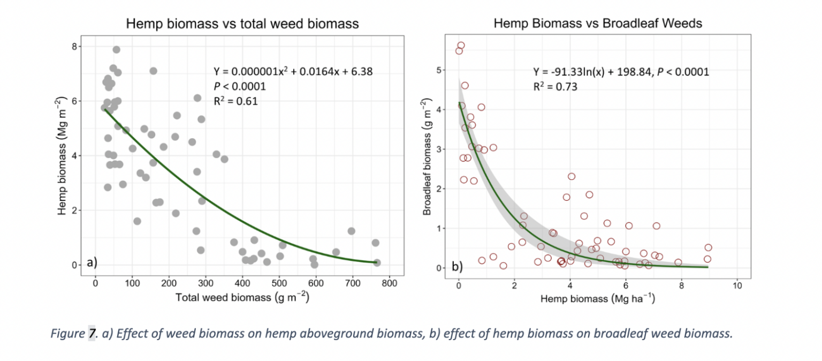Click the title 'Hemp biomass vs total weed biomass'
pos(242,24)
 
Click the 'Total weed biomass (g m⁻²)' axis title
pos(242,297)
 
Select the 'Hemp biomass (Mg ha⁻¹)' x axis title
pos(597,298)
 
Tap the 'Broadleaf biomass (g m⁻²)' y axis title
pos(427,156)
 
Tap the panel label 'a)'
pos(92,262)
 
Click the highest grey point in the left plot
pos(116,49)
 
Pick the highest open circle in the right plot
pos(461,46)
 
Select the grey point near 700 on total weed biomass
pos(351,231)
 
